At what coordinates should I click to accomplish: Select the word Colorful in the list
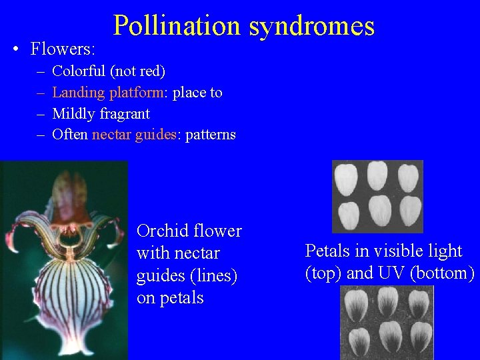(x=79, y=71)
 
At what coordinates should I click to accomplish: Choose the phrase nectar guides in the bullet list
(x=134, y=135)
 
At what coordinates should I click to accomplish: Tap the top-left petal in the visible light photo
(x=347, y=179)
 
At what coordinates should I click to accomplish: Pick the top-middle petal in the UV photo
(x=387, y=301)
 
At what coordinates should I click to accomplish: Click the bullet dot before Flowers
(x=15, y=49)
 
